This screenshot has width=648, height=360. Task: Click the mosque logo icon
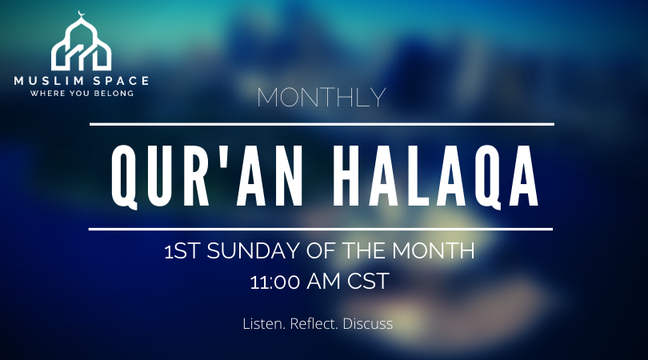click(81, 46)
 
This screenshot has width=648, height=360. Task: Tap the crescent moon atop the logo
click(81, 14)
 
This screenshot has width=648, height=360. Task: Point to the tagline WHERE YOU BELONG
click(81, 93)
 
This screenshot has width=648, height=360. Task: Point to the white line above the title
click(322, 124)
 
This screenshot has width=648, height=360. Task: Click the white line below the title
click(322, 229)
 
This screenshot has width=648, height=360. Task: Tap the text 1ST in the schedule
click(183, 252)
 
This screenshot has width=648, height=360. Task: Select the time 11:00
click(275, 281)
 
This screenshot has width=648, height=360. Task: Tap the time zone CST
click(372, 281)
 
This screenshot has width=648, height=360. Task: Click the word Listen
click(264, 325)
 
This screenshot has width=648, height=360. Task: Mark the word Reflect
click(318, 325)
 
